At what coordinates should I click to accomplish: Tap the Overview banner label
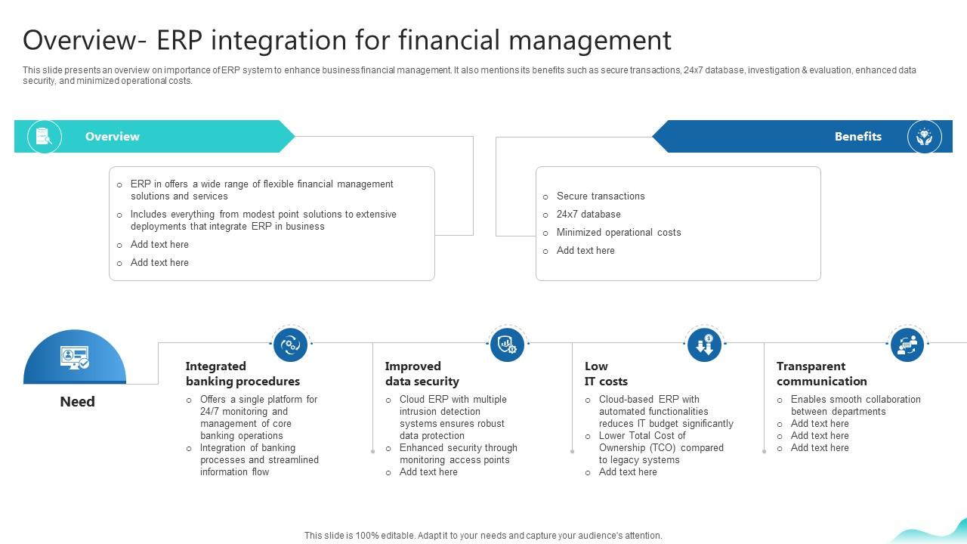click(112, 137)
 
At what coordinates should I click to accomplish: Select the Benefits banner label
click(857, 137)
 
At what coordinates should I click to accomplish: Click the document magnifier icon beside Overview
click(44, 137)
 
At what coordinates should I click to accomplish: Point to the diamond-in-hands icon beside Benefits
click(924, 137)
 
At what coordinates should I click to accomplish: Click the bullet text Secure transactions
click(600, 196)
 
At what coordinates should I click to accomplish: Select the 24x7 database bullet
click(588, 215)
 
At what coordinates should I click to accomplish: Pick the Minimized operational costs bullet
click(618, 233)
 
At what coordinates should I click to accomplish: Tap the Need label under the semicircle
click(77, 402)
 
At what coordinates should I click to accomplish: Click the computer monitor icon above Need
click(74, 357)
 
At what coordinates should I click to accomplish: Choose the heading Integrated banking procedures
click(243, 374)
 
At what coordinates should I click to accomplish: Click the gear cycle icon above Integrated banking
click(290, 345)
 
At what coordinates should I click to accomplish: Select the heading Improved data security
click(422, 374)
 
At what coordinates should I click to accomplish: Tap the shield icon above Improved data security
click(507, 345)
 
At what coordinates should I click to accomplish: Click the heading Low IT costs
click(606, 374)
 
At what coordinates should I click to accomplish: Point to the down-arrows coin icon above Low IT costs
click(704, 345)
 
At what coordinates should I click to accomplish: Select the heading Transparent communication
click(821, 374)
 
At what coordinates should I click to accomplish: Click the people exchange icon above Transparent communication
click(907, 345)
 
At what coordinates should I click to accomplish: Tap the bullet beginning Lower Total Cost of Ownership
click(660, 448)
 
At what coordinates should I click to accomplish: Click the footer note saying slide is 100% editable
click(483, 536)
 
